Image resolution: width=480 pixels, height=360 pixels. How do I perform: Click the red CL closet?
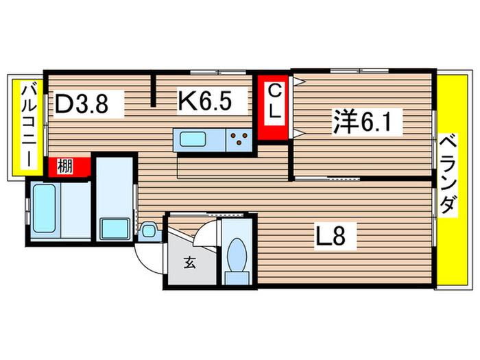[273, 107]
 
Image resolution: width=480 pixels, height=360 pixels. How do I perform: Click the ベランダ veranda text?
[448, 175]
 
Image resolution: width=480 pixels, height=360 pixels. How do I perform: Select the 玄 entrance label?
[190, 263]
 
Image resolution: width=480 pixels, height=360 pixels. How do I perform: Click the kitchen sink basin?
[193, 139]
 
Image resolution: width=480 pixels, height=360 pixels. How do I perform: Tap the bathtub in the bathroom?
[45, 208]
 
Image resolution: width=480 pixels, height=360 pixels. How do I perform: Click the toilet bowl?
[237, 254]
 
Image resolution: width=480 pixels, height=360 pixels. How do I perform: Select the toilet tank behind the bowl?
[237, 278]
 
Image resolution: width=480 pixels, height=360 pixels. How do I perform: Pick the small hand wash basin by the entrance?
[149, 230]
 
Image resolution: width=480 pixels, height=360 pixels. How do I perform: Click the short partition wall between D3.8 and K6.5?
[154, 91]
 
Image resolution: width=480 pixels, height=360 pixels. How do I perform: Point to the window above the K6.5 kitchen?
[218, 73]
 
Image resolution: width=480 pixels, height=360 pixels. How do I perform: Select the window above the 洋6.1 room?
[359, 71]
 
